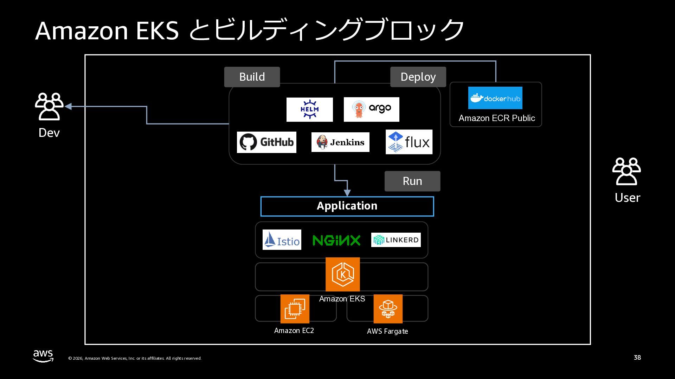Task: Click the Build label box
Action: pyautogui.click(x=252, y=77)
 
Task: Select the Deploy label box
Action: pyautogui.click(x=418, y=77)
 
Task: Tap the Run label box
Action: pyautogui.click(x=412, y=181)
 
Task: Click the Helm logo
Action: pyautogui.click(x=309, y=109)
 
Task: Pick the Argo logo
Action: pyautogui.click(x=371, y=109)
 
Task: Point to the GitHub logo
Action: pyautogui.click(x=266, y=142)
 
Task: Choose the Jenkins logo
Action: pyautogui.click(x=340, y=142)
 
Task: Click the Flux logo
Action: pyautogui.click(x=409, y=142)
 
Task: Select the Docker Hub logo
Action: pyautogui.click(x=495, y=98)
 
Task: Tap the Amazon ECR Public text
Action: pyautogui.click(x=497, y=118)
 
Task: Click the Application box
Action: pyautogui.click(x=347, y=206)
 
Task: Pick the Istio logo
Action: pyautogui.click(x=282, y=240)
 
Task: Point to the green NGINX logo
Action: pyautogui.click(x=336, y=240)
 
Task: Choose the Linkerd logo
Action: pyautogui.click(x=396, y=240)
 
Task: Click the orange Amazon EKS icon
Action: pyautogui.click(x=342, y=274)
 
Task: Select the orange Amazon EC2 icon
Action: pyautogui.click(x=295, y=309)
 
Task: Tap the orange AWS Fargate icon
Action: pyautogui.click(x=388, y=309)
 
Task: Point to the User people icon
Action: pyautogui.click(x=626, y=171)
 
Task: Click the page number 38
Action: pyautogui.click(x=637, y=358)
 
